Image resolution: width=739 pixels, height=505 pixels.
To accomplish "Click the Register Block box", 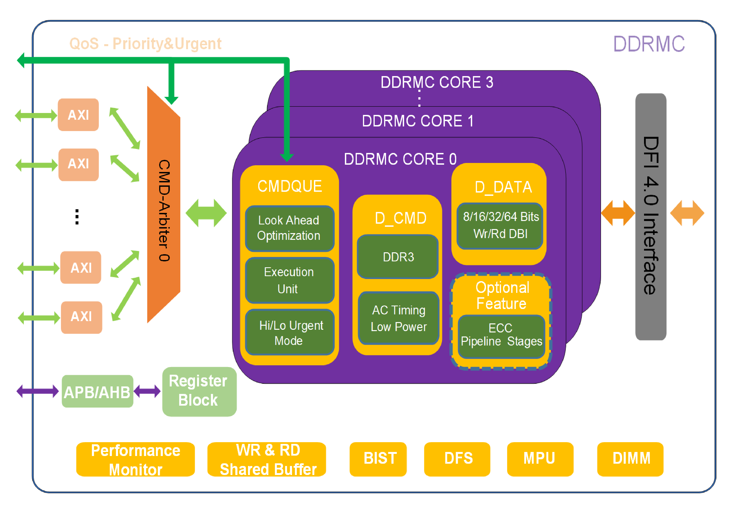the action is coord(199,392).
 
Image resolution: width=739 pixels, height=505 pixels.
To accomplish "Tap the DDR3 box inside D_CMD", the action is coord(398,257).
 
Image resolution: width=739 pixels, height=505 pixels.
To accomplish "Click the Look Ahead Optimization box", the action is coord(289,228).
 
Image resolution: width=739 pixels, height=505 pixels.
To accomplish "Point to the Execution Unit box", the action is coord(289,280).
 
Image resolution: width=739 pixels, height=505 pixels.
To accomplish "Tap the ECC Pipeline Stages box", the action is coord(501,336).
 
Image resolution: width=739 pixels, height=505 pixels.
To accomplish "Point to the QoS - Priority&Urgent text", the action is coord(145,44).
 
